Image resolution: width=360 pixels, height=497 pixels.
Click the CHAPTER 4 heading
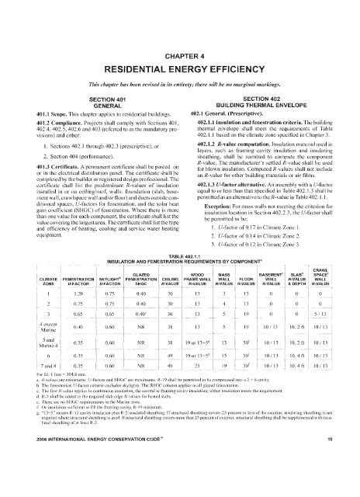click(180, 26)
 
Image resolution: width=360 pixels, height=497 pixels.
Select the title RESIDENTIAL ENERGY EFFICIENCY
click(180, 43)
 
